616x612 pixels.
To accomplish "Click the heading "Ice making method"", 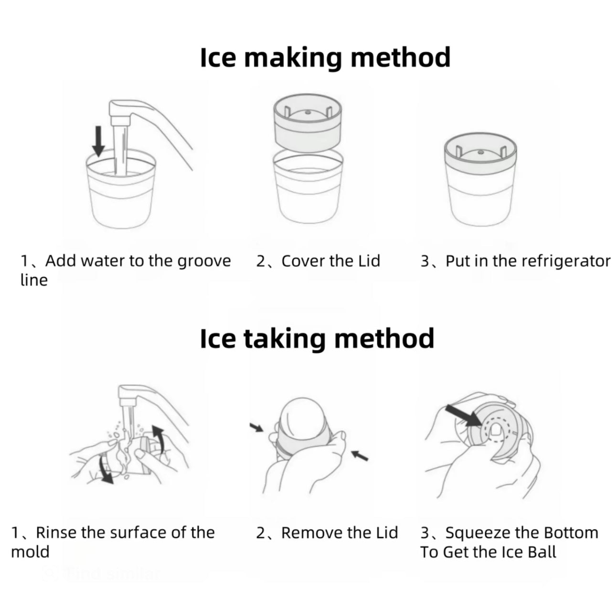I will [325, 58].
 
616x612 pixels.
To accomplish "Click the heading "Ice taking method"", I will [317, 338].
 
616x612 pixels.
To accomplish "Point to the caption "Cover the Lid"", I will [330, 261].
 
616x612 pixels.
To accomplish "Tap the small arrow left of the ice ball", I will [257, 428].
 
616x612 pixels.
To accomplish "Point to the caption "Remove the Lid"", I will [339, 532].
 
